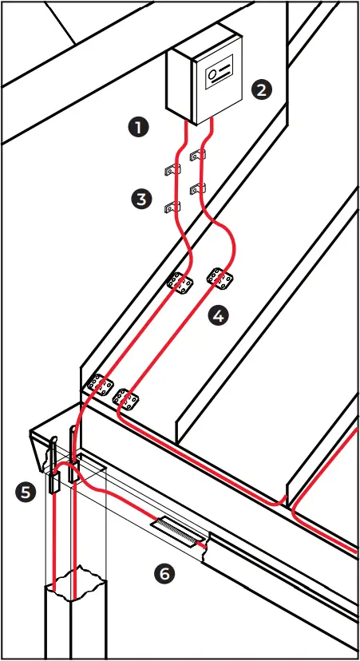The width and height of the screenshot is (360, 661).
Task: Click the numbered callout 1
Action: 140,127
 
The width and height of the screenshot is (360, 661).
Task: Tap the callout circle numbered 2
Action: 260,89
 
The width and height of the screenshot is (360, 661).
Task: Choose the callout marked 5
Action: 27,493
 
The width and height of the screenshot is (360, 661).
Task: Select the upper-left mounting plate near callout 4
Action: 180,283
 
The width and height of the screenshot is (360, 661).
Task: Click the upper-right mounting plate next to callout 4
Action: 220,277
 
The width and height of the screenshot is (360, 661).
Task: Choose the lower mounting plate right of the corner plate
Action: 126,397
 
